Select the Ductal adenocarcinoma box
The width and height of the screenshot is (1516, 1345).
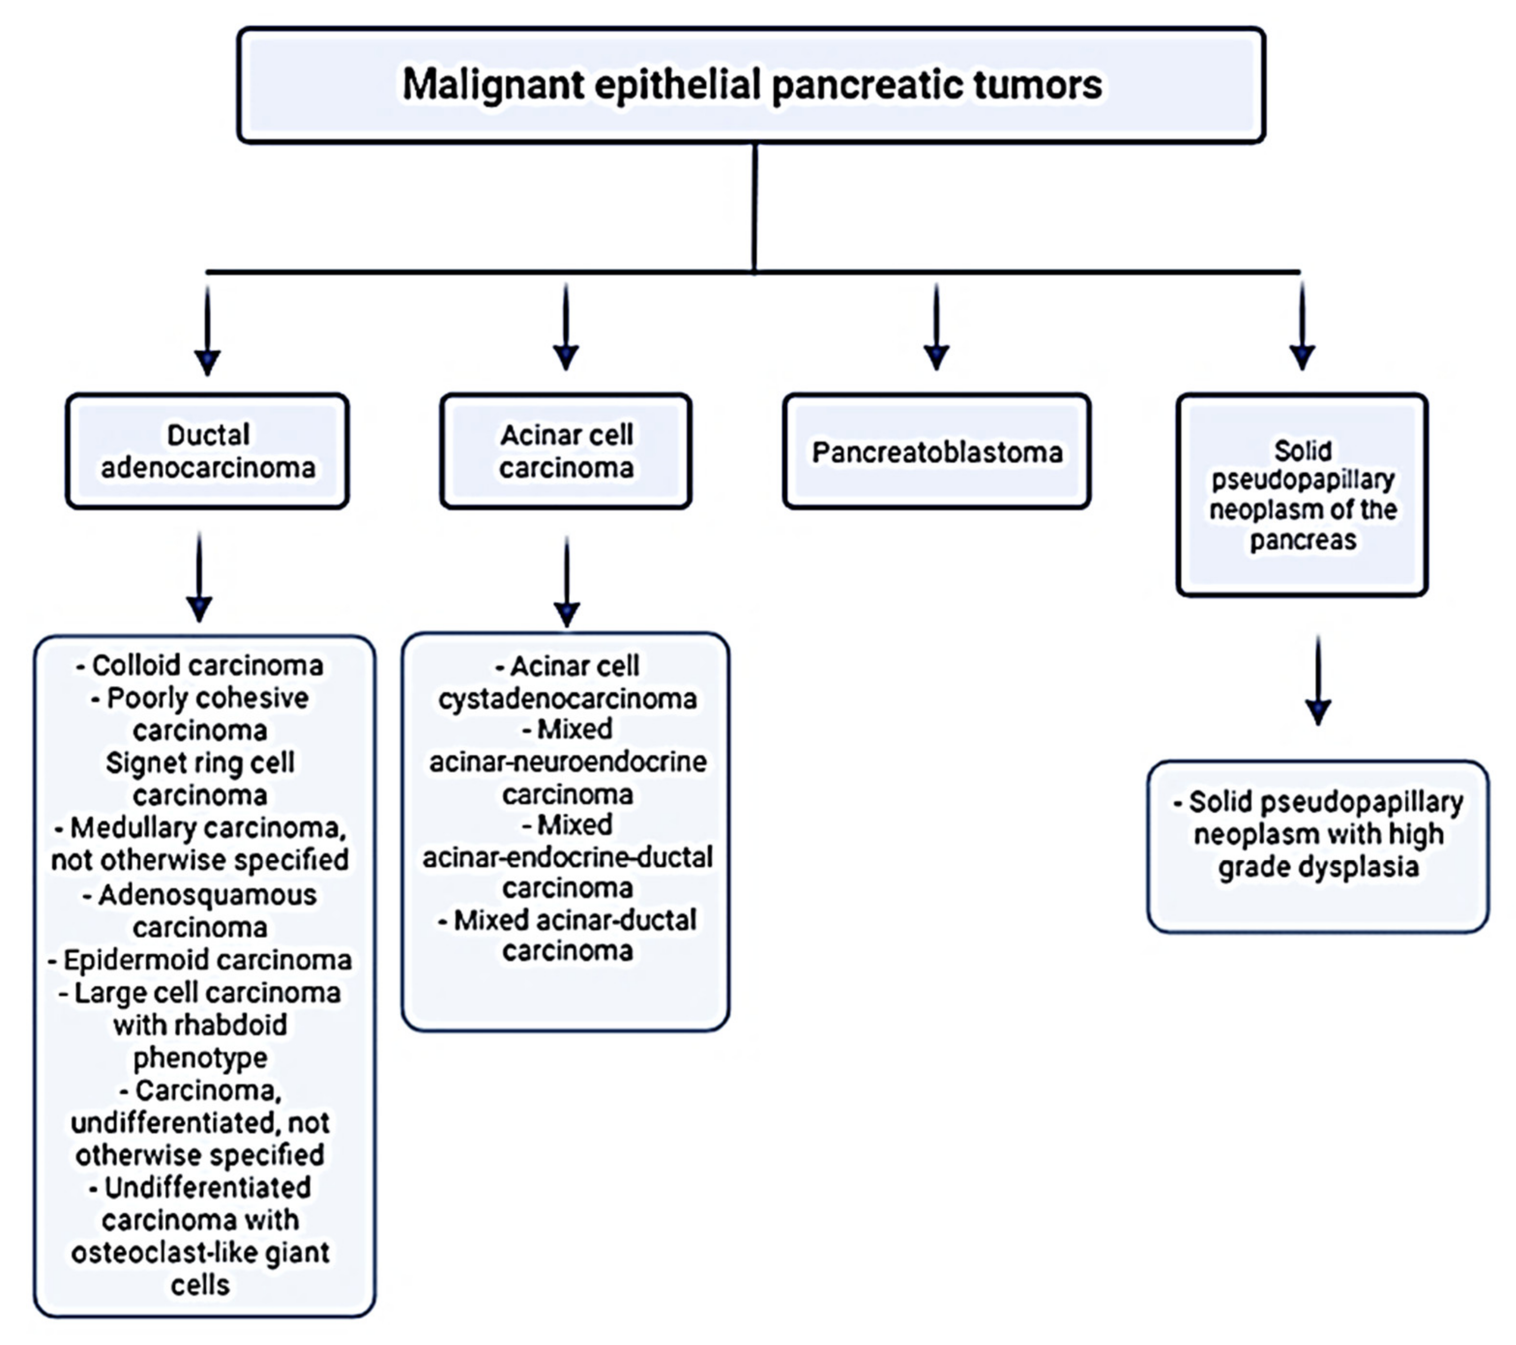[207, 451]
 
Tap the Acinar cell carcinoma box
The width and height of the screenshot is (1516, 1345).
[566, 451]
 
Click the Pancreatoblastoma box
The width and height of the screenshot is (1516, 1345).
[937, 451]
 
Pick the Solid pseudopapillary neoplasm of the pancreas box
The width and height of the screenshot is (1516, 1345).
[1302, 494]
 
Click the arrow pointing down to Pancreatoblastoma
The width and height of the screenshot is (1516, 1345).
[936, 326]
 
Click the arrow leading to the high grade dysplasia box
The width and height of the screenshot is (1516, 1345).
[1318, 680]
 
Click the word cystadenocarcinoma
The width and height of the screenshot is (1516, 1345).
[567, 698]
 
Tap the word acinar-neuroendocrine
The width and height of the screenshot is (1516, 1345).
[567, 762]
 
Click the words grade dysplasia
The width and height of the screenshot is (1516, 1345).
[1318, 867]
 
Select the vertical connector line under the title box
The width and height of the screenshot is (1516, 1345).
[754, 208]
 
